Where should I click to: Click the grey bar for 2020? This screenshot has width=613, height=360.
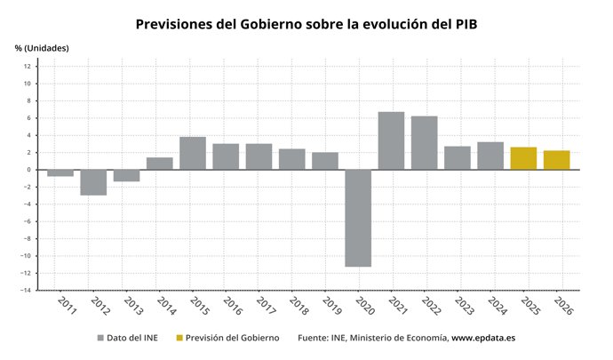coord(358,218)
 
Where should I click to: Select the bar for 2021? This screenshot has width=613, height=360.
coord(391,140)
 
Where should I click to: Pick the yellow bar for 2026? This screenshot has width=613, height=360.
coord(556,160)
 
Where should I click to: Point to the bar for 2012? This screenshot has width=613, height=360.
coord(93,182)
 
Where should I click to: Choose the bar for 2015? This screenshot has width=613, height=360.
coord(193,153)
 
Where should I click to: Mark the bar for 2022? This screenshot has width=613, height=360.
coord(424,143)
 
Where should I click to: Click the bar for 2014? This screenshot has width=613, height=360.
coord(160,164)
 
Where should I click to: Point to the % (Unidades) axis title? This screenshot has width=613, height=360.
coord(42,47)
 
